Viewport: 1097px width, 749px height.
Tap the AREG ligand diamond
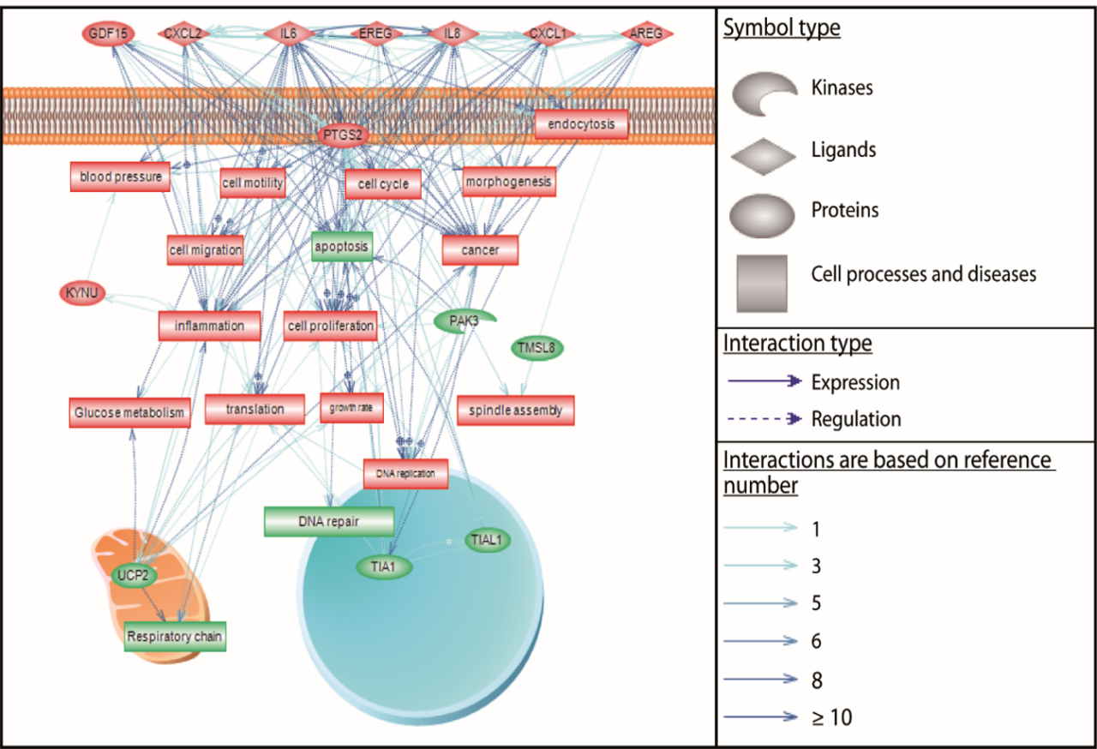[x=647, y=33]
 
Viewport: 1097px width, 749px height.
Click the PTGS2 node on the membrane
[x=342, y=135]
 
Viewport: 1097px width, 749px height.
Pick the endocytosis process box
[x=581, y=125]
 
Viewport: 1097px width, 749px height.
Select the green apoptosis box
[x=341, y=247]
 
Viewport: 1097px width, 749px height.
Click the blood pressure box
[x=119, y=177]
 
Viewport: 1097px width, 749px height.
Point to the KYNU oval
[x=82, y=293]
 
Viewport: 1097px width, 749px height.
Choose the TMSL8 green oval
[x=537, y=348]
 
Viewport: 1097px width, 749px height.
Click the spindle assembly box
[x=515, y=410]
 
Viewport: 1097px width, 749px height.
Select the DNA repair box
[x=329, y=521]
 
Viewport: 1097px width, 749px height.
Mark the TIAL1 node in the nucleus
[x=489, y=540]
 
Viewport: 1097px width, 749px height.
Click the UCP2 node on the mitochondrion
[x=135, y=575]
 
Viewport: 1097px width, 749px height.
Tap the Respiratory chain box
[x=175, y=637]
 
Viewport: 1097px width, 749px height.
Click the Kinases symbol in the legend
[x=762, y=93]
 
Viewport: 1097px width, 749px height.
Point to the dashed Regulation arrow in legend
[x=761, y=419]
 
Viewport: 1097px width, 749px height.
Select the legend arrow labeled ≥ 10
[x=761, y=717]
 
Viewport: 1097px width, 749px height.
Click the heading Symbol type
[x=782, y=28]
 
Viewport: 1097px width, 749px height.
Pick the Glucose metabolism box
[x=129, y=412]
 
